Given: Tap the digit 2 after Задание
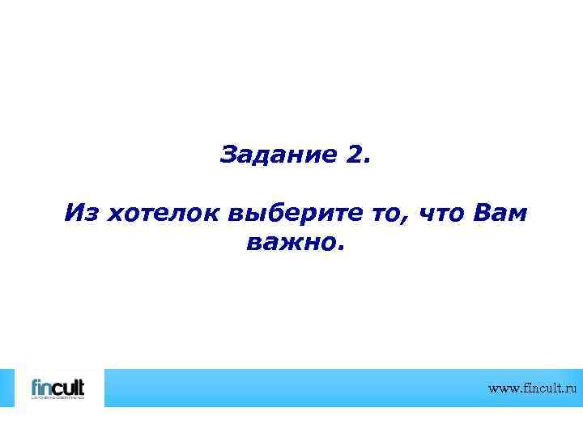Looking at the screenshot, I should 356,154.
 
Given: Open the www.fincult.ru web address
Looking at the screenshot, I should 533,388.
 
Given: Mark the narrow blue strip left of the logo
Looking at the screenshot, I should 6,388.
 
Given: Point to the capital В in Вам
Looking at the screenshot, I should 480,214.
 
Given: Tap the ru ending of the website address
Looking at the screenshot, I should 572,389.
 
